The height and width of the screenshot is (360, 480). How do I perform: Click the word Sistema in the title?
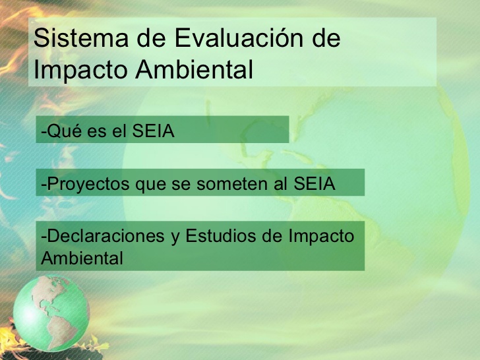point(81,38)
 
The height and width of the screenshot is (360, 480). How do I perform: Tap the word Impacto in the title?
point(80,71)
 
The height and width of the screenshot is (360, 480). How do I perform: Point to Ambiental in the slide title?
point(195,69)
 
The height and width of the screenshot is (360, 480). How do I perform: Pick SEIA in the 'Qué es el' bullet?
point(153,131)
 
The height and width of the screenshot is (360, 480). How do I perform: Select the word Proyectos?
point(88,185)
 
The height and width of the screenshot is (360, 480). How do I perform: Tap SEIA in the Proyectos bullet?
point(314,184)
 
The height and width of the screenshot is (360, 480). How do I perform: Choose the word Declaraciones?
point(106,236)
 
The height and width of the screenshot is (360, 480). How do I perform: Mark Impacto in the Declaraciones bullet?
point(321,237)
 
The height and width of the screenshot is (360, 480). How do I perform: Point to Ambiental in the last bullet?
point(82,258)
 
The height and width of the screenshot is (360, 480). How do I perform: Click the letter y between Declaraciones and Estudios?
point(175,239)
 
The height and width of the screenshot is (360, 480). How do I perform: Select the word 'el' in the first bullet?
point(119,131)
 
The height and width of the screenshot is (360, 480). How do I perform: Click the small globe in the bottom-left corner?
point(51,313)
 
